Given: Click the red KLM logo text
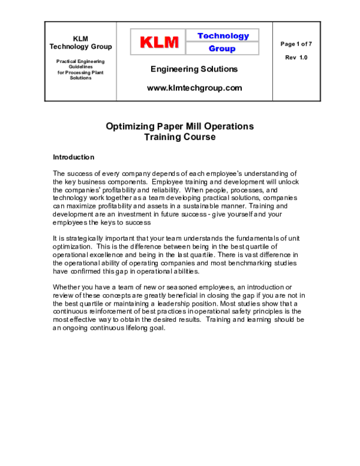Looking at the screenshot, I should click(160, 42).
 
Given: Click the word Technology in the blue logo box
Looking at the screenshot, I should click(223, 36).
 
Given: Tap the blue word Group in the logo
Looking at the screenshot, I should click(222, 49).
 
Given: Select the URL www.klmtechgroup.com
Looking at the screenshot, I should click(194, 88).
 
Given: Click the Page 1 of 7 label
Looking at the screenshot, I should click(296, 44).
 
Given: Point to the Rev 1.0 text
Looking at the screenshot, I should click(296, 58).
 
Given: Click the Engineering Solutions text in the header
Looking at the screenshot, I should click(194, 69).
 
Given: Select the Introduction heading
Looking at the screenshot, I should click(74, 157).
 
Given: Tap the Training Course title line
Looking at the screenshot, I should click(180, 137).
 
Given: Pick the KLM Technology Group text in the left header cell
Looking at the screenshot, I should click(80, 43).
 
